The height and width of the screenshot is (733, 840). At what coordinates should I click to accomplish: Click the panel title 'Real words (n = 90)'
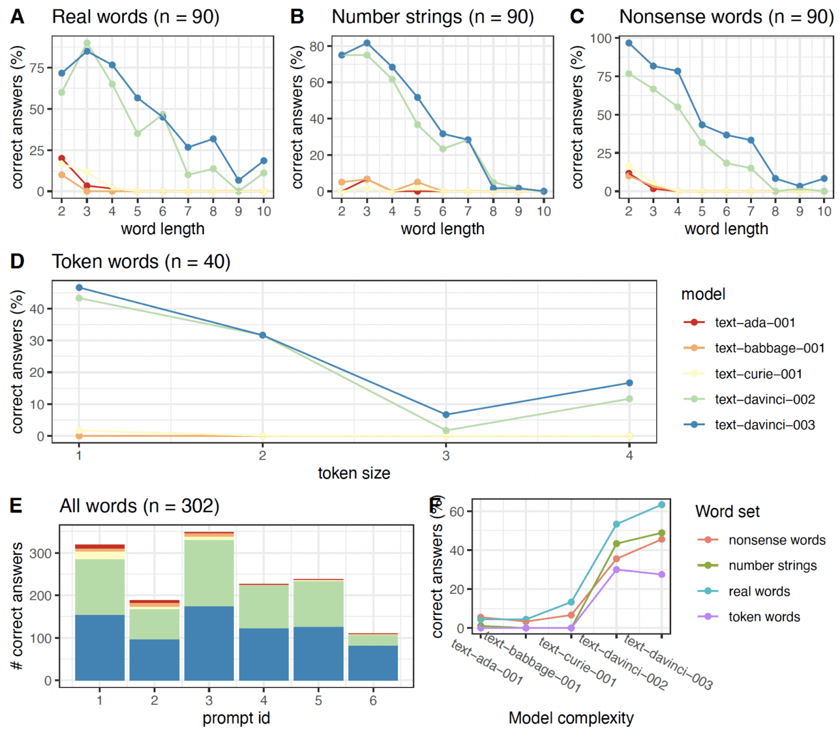(135, 17)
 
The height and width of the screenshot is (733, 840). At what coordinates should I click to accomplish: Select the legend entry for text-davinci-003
(764, 425)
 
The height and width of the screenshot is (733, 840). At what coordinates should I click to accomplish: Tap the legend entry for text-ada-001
(754, 322)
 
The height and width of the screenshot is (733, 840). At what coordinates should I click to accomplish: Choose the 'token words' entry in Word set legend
(764, 616)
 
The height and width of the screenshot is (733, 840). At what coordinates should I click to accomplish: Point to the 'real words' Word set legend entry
(759, 591)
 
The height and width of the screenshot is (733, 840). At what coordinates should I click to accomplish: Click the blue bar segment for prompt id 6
(373, 663)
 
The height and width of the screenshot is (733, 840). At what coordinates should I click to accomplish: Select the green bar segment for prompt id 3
(209, 573)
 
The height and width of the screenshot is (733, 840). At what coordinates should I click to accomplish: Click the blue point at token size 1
(79, 288)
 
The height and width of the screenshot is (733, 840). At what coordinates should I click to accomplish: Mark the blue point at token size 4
(629, 383)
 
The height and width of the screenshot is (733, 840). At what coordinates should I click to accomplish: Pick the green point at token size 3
(446, 431)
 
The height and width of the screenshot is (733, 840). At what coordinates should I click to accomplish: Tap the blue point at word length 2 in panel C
(628, 43)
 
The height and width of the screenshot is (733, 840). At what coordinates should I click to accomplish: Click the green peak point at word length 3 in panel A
(87, 43)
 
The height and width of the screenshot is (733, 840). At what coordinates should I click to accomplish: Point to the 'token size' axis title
(354, 473)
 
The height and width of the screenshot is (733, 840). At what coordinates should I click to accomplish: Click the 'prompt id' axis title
(236, 718)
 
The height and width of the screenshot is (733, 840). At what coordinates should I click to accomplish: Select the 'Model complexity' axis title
(571, 718)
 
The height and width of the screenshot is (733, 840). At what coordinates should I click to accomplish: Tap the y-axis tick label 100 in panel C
(601, 38)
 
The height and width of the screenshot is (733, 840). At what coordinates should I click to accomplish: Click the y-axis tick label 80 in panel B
(317, 46)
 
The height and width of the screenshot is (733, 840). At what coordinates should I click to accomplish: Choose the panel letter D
(17, 261)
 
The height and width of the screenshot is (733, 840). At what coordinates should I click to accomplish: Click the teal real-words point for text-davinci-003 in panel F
(661, 505)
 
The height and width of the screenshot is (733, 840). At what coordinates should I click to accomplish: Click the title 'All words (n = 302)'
(139, 506)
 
